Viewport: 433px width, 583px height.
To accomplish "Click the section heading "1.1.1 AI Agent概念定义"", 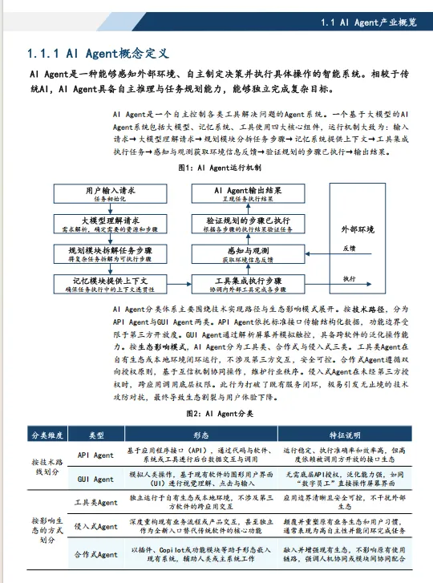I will pyautogui.click(x=97, y=55).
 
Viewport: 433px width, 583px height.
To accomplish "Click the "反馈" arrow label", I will pyautogui.click(x=350, y=249).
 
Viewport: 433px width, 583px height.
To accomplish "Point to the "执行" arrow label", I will pyautogui.click(x=350, y=278).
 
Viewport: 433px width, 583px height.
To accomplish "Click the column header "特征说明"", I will pyautogui.click(x=346, y=434).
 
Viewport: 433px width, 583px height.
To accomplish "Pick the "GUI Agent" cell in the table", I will pyautogui.click(x=95, y=479).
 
